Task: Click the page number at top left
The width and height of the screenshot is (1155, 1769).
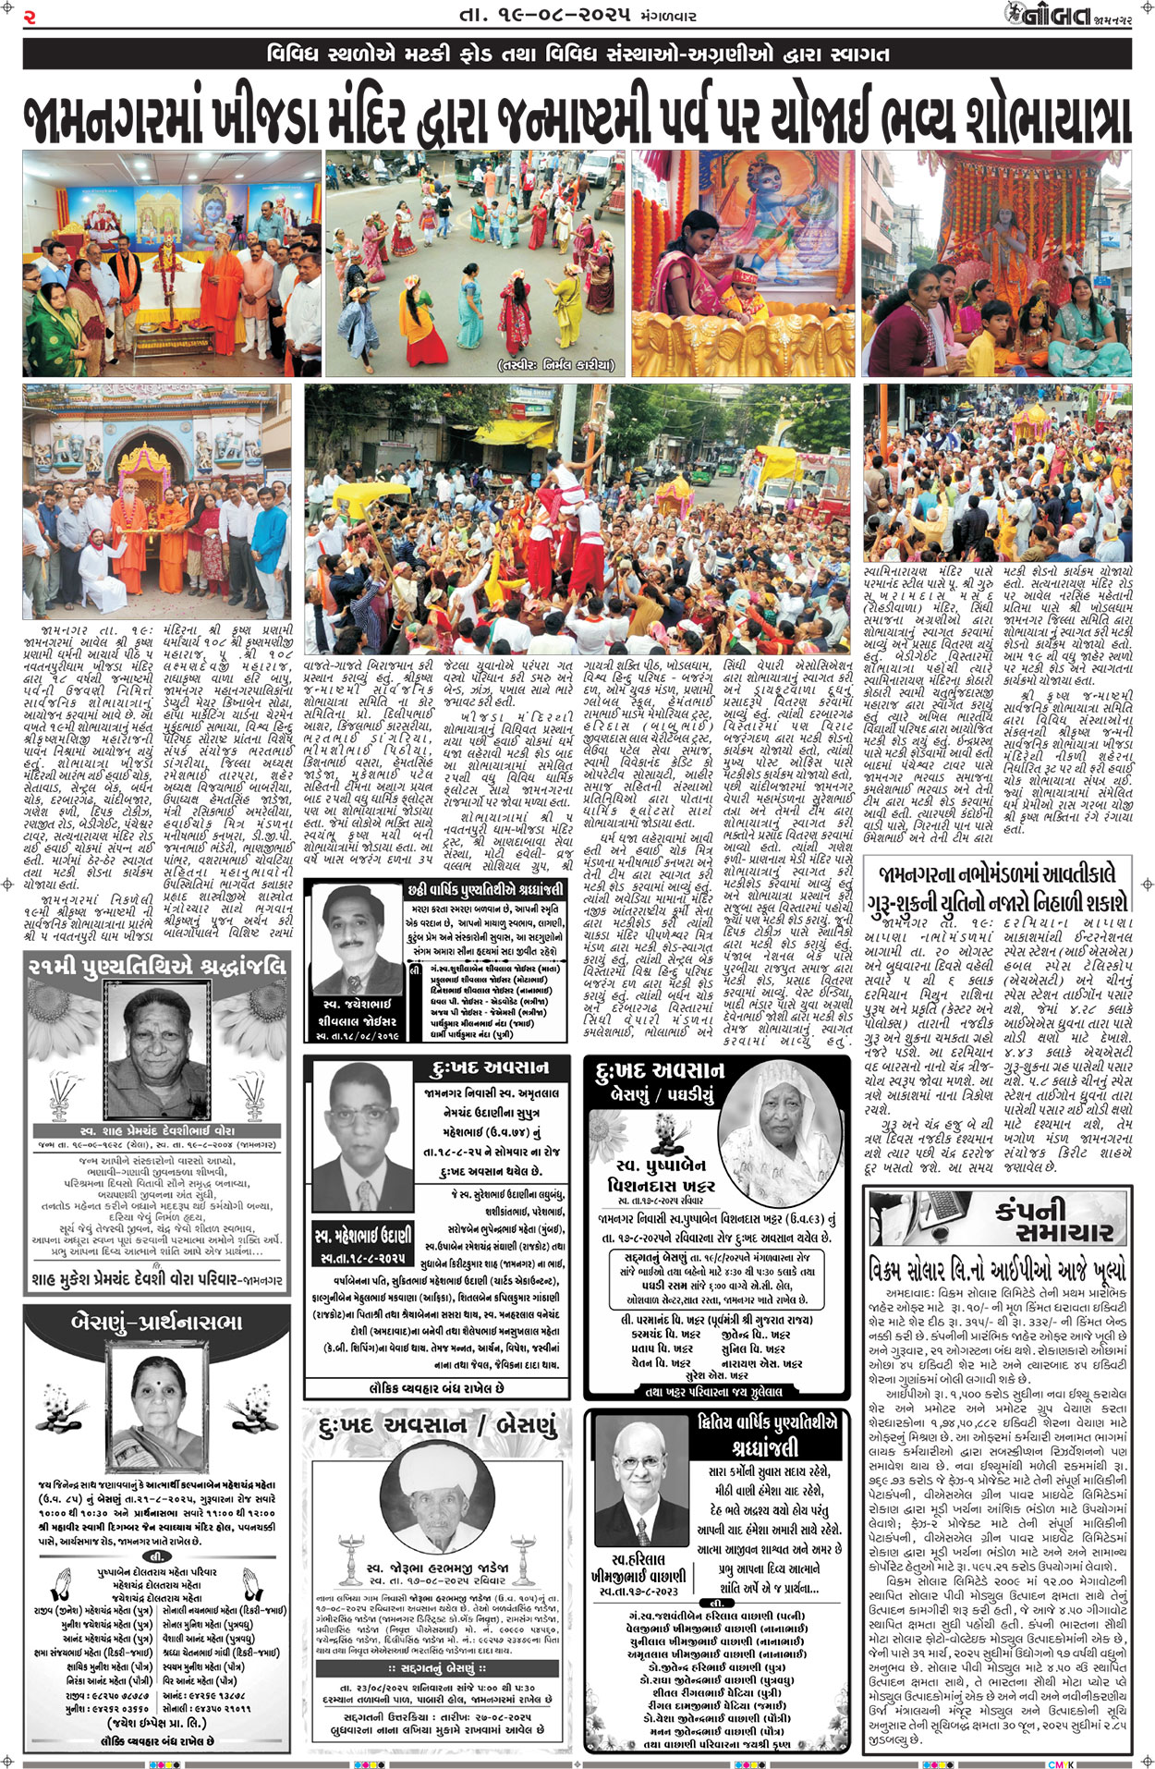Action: tap(30, 16)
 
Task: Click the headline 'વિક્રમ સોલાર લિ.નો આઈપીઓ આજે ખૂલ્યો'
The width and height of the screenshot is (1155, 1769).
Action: tap(998, 1268)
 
